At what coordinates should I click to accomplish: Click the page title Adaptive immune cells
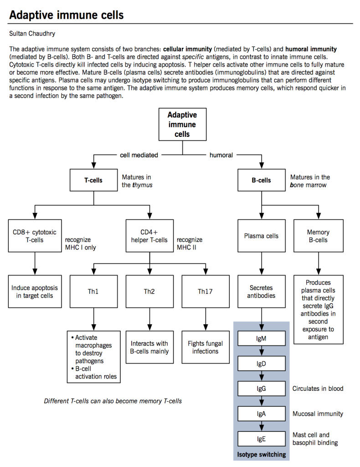(66, 15)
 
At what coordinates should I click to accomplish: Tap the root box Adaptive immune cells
(182, 124)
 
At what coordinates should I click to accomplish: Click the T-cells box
(93, 180)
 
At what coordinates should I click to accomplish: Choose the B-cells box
(261, 180)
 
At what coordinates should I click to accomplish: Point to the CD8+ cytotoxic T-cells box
(35, 236)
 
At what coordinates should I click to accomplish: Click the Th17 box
(205, 291)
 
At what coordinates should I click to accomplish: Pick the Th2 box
(149, 291)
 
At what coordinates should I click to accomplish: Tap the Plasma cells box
(261, 236)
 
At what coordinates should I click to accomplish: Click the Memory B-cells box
(318, 236)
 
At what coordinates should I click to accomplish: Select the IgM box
(261, 339)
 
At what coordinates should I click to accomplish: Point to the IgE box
(261, 439)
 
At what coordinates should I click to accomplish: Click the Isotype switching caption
(261, 454)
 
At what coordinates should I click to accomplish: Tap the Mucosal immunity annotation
(318, 414)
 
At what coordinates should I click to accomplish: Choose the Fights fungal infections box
(205, 348)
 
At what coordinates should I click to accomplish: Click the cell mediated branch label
(139, 155)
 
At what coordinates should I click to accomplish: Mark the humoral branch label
(221, 155)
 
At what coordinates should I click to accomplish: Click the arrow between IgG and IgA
(261, 401)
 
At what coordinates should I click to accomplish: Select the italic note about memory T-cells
(113, 401)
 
